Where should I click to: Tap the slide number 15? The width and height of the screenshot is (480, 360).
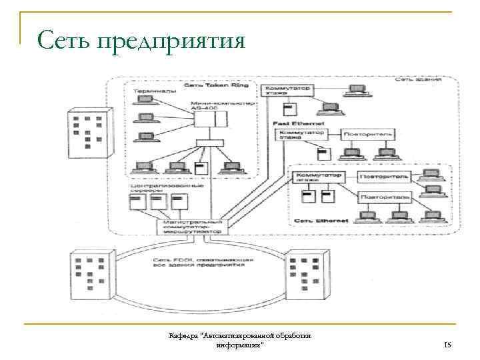pos(447,345)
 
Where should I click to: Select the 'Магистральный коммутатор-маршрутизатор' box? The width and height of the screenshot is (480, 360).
pos(193,225)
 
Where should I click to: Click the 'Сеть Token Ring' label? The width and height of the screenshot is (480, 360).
pos(206,86)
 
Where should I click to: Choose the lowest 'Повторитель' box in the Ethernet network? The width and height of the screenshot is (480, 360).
pos(387,197)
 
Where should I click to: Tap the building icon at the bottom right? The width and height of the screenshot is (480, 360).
pos(306,274)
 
